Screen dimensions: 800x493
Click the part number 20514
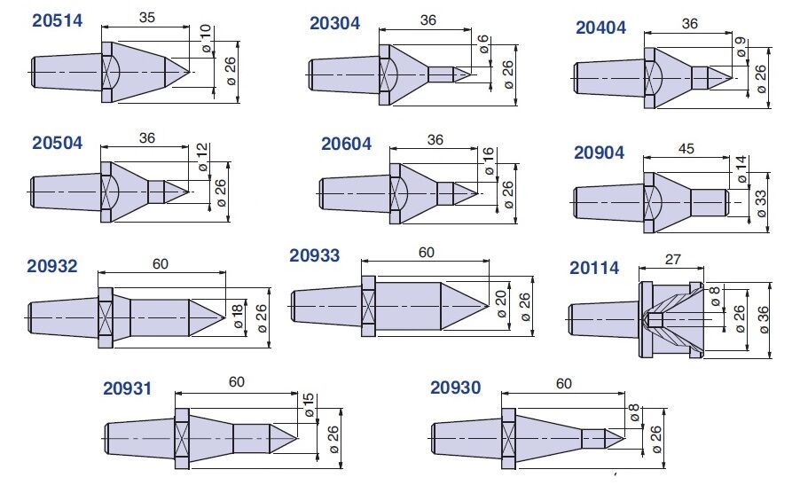click(57, 21)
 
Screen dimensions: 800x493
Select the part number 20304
click(334, 23)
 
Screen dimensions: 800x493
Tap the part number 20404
click(600, 27)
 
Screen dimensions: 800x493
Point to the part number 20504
click(57, 143)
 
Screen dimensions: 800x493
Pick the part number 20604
click(346, 145)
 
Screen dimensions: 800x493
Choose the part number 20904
click(599, 153)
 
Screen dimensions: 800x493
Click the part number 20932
click(52, 266)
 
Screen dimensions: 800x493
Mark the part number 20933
click(314, 255)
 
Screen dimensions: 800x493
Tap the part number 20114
click(594, 268)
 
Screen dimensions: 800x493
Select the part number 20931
click(128, 388)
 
